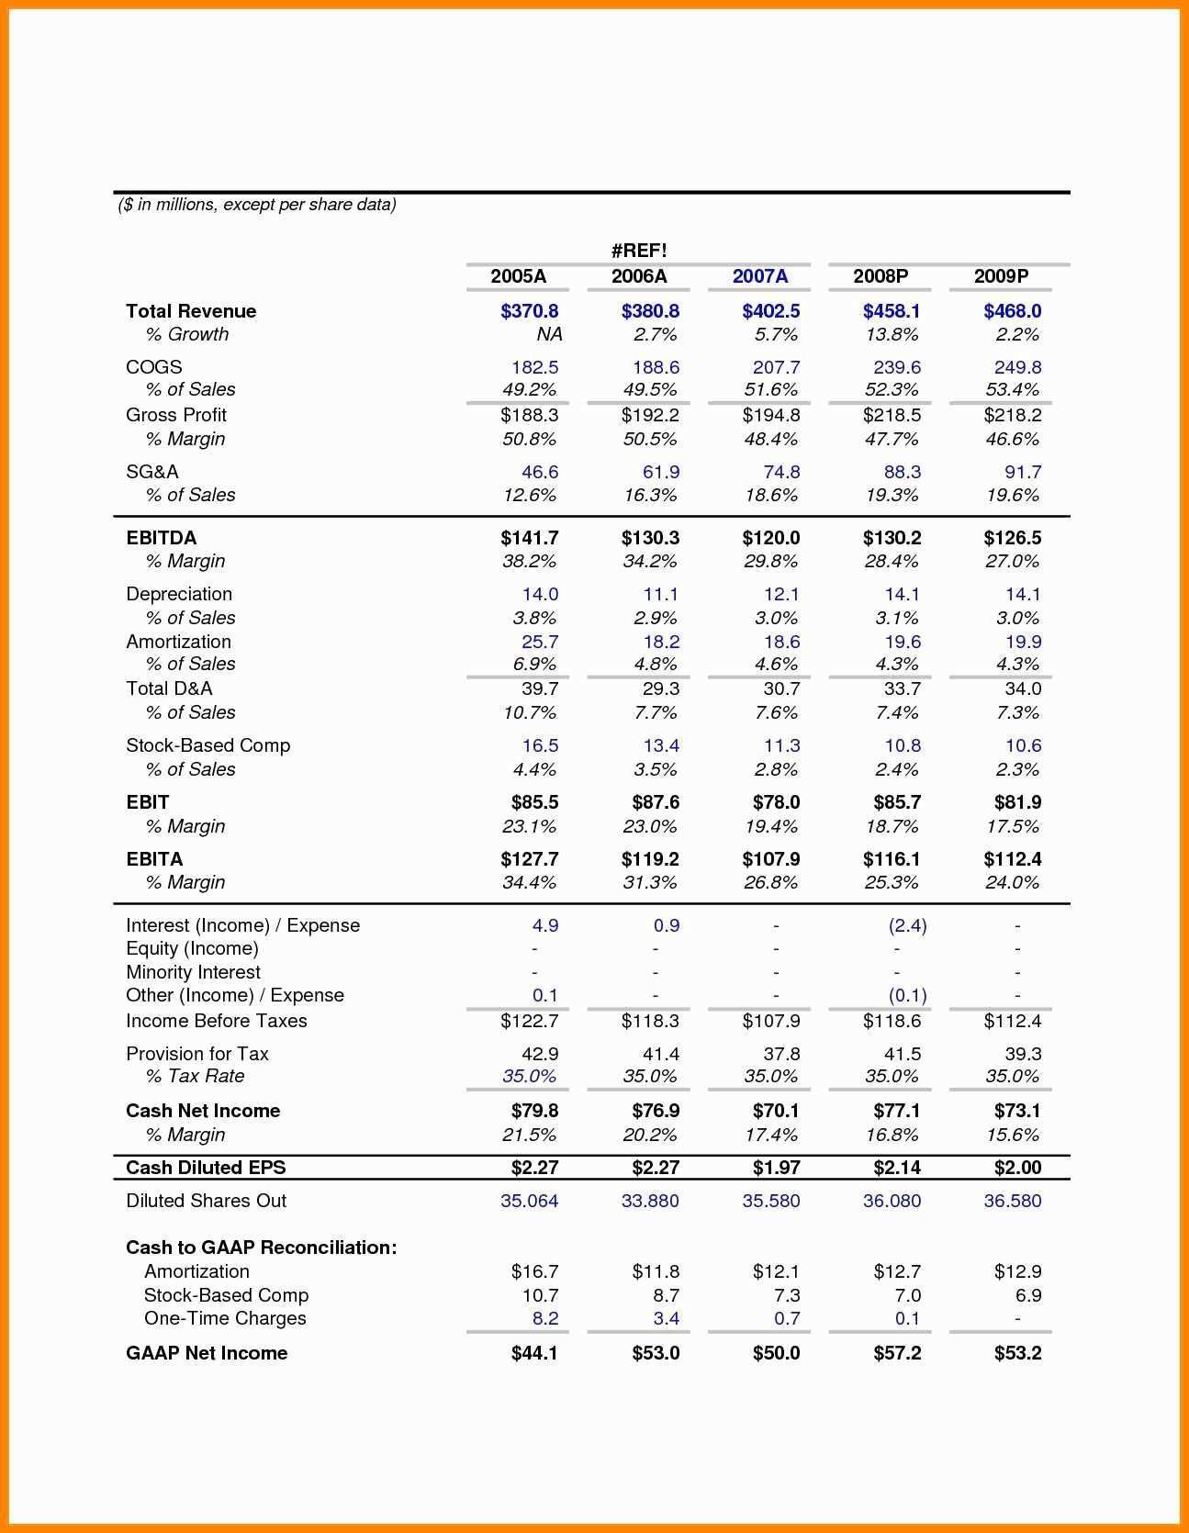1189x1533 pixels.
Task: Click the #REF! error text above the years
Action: point(638,250)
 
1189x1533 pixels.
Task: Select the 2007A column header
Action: point(759,276)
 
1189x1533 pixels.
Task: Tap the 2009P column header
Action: point(1001,276)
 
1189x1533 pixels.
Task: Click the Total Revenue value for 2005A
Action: point(529,311)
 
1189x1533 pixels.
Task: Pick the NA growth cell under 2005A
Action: point(549,334)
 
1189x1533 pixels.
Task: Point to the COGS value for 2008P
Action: point(896,367)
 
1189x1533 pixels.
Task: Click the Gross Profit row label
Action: point(176,415)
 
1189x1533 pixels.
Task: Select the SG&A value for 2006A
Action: point(660,472)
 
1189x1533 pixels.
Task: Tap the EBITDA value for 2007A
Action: point(770,538)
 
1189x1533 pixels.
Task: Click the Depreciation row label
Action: point(179,594)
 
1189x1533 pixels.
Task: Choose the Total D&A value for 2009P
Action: point(1022,688)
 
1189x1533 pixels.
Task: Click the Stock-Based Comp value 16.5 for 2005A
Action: point(540,745)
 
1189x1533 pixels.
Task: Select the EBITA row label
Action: point(154,859)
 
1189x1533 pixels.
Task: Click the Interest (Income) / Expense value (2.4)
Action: point(907,925)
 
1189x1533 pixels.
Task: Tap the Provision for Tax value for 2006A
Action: point(660,1054)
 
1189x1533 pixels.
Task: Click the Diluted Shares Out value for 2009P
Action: point(1012,1201)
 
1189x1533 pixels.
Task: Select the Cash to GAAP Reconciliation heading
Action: point(262,1248)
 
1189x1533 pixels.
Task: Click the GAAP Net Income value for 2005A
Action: point(534,1353)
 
